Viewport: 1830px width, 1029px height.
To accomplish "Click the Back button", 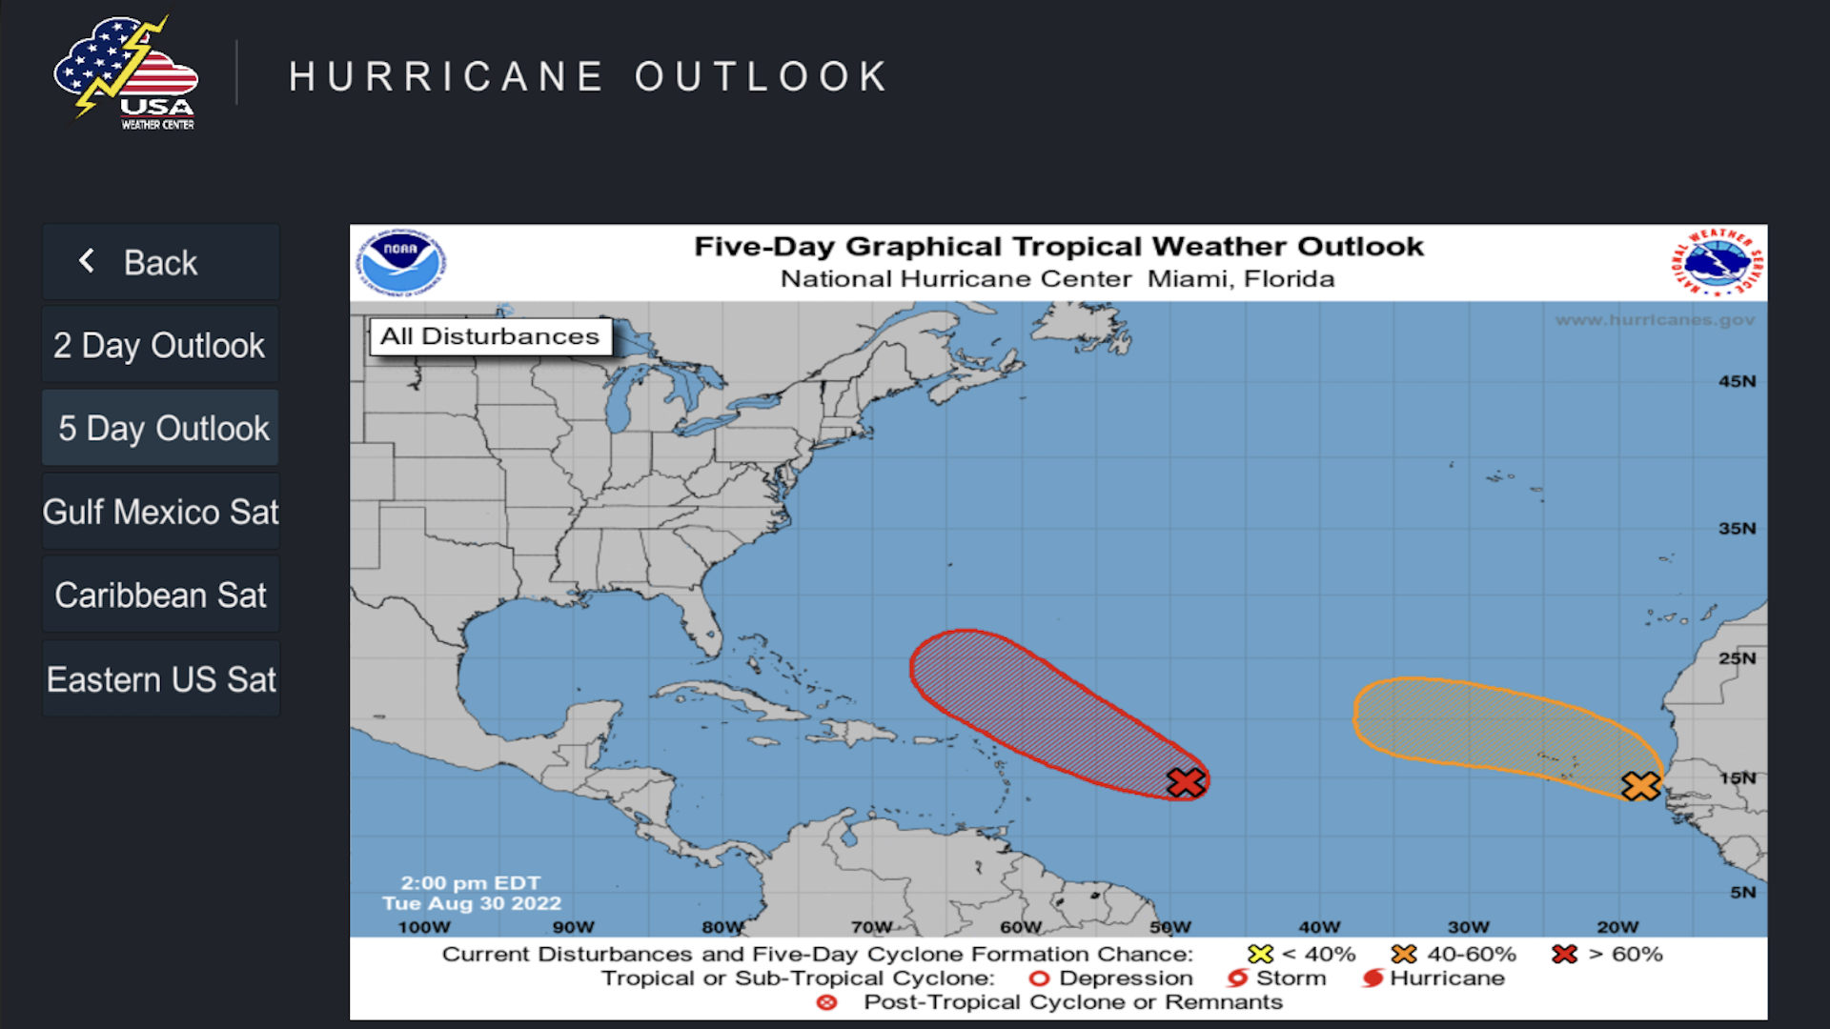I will (160, 262).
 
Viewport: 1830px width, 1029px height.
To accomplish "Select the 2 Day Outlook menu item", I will (160, 345).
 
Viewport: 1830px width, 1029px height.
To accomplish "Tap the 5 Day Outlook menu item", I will (160, 428).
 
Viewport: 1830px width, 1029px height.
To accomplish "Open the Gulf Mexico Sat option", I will (160, 512).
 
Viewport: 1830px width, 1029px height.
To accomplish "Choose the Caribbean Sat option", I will (160, 595).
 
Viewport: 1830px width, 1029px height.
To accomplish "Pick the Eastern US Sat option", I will (160, 679).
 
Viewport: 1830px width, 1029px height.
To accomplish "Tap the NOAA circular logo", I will (401, 261).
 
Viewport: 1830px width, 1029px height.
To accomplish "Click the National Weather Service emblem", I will (1718, 262).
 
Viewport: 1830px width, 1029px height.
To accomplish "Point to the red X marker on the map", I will (1186, 782).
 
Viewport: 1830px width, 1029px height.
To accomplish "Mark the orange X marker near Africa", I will (1640, 786).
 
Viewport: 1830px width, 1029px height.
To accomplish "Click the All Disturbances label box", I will (490, 336).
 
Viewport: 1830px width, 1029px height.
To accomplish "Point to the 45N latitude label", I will (1737, 381).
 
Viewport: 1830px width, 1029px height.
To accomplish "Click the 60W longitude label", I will (1021, 927).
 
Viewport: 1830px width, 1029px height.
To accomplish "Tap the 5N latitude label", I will (1742, 893).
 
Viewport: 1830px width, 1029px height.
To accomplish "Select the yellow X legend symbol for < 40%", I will (1260, 954).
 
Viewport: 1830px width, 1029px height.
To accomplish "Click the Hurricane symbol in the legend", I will (1372, 979).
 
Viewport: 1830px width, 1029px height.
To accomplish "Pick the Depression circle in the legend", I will (1039, 979).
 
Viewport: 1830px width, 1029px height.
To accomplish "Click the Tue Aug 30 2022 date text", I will (472, 903).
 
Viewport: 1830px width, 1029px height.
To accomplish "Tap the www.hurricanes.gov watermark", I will (1655, 320).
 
